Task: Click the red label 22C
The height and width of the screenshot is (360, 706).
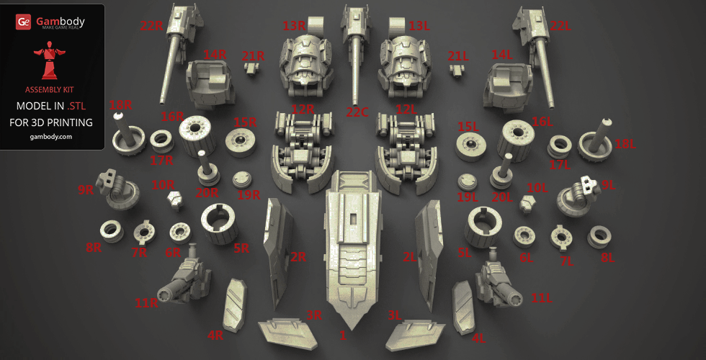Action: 357,112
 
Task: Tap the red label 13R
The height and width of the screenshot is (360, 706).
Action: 294,26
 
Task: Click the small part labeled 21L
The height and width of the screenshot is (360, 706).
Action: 457,71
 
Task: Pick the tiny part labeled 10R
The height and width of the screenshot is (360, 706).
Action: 175,200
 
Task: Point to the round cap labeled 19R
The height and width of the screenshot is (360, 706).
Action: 242,179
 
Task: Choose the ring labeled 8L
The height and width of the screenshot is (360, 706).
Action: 599,237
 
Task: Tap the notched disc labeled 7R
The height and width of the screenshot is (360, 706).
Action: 144,233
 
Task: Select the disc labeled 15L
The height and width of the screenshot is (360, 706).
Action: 470,147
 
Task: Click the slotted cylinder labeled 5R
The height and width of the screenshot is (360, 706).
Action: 219,223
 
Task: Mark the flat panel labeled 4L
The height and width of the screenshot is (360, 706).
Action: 463,307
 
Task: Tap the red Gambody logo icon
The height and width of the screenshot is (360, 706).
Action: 23,22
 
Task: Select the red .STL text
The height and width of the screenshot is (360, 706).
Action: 76,106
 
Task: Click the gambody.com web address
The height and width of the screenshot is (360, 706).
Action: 51,137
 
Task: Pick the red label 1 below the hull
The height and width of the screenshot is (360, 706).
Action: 343,336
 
